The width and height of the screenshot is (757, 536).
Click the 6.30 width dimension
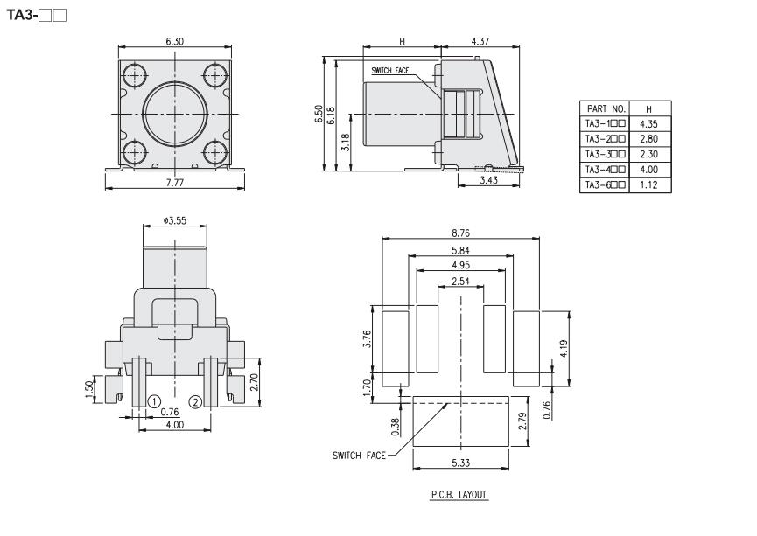coord(174,41)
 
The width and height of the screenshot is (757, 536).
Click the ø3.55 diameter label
coord(175,220)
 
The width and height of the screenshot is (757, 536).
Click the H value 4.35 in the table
coord(648,123)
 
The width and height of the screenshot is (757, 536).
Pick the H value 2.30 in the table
coord(648,154)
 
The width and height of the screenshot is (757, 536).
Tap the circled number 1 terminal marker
coord(154,401)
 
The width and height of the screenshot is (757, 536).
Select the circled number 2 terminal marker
coord(195,401)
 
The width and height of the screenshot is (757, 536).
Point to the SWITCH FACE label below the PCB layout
coord(358,455)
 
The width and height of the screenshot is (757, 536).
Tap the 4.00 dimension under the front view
coord(175,424)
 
